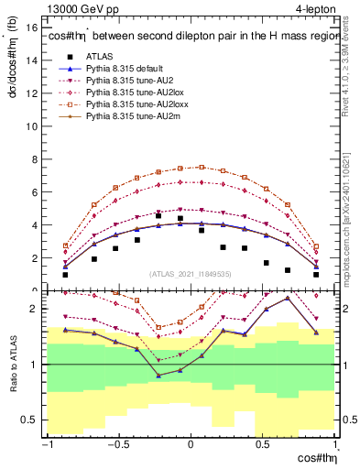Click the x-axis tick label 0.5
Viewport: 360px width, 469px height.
pos(263,445)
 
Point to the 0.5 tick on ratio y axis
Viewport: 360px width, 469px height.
pos(27,420)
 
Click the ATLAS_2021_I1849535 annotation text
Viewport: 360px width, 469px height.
pos(191,272)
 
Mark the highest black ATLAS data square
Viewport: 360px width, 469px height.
pos(180,219)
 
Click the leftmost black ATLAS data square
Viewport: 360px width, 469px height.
pos(65,274)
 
